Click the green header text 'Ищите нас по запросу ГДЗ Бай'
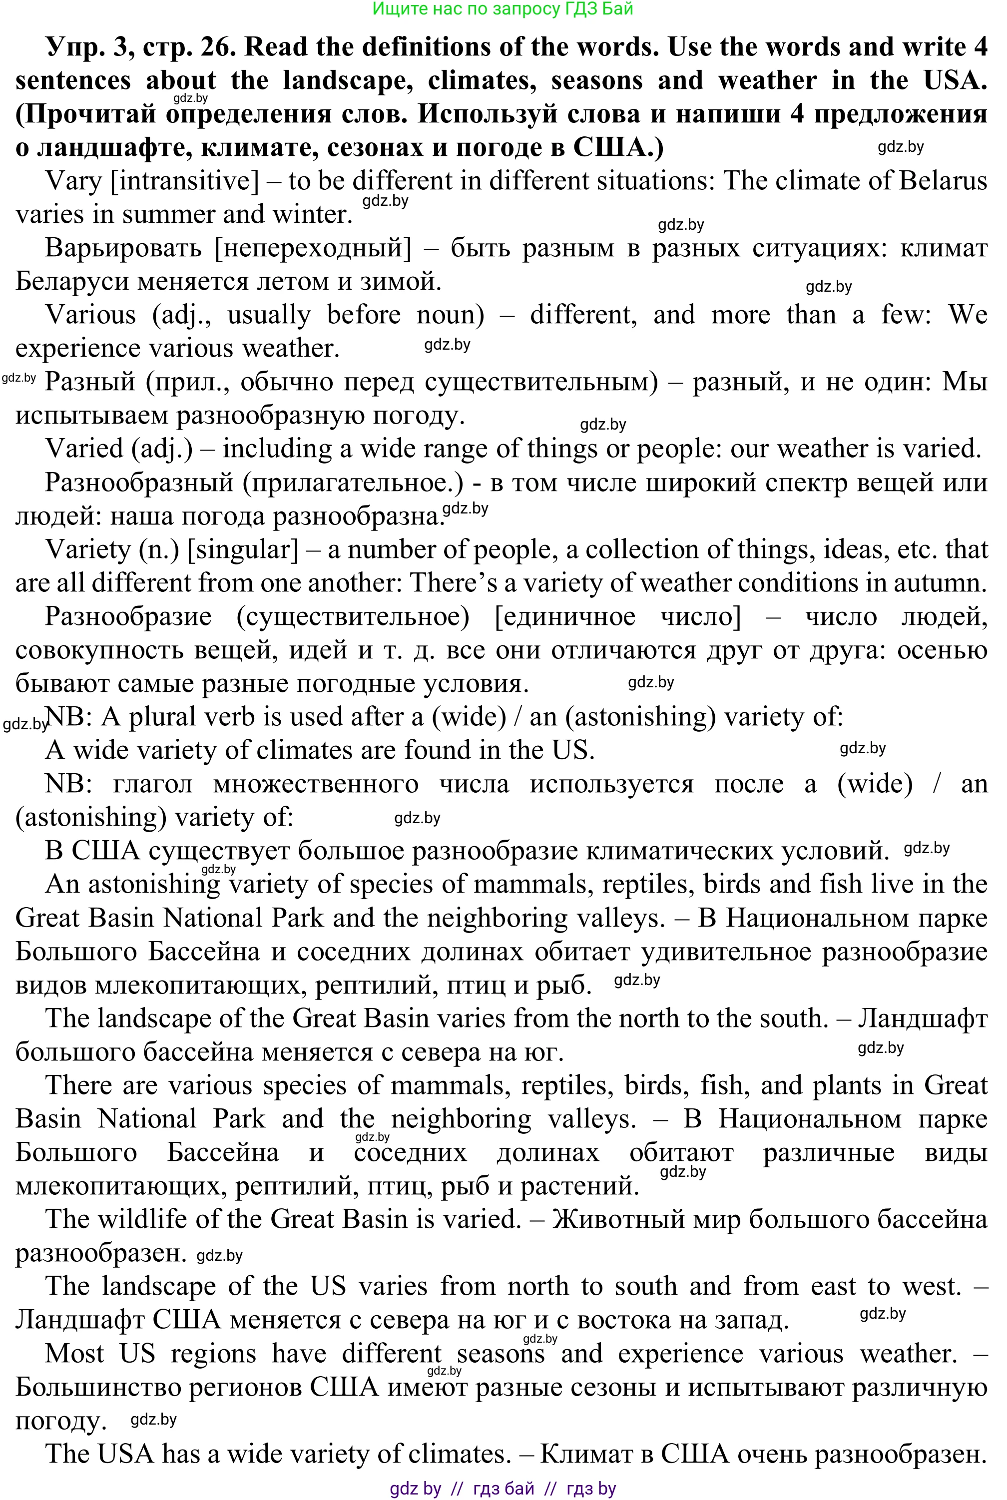(503, 8)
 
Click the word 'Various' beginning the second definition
(90, 315)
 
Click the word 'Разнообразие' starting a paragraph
(128, 616)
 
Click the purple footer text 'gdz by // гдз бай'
(463, 1489)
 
